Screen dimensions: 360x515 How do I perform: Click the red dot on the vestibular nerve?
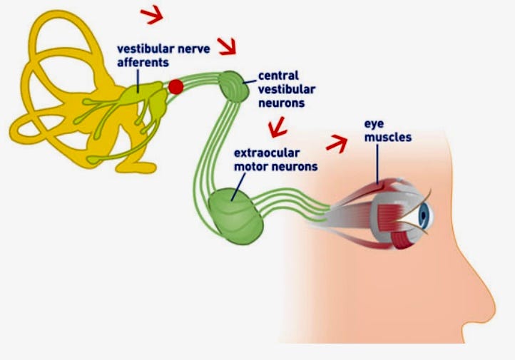click(x=175, y=87)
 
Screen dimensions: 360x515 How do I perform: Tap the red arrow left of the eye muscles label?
click(x=336, y=143)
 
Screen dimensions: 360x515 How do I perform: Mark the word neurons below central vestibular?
click(x=282, y=103)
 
